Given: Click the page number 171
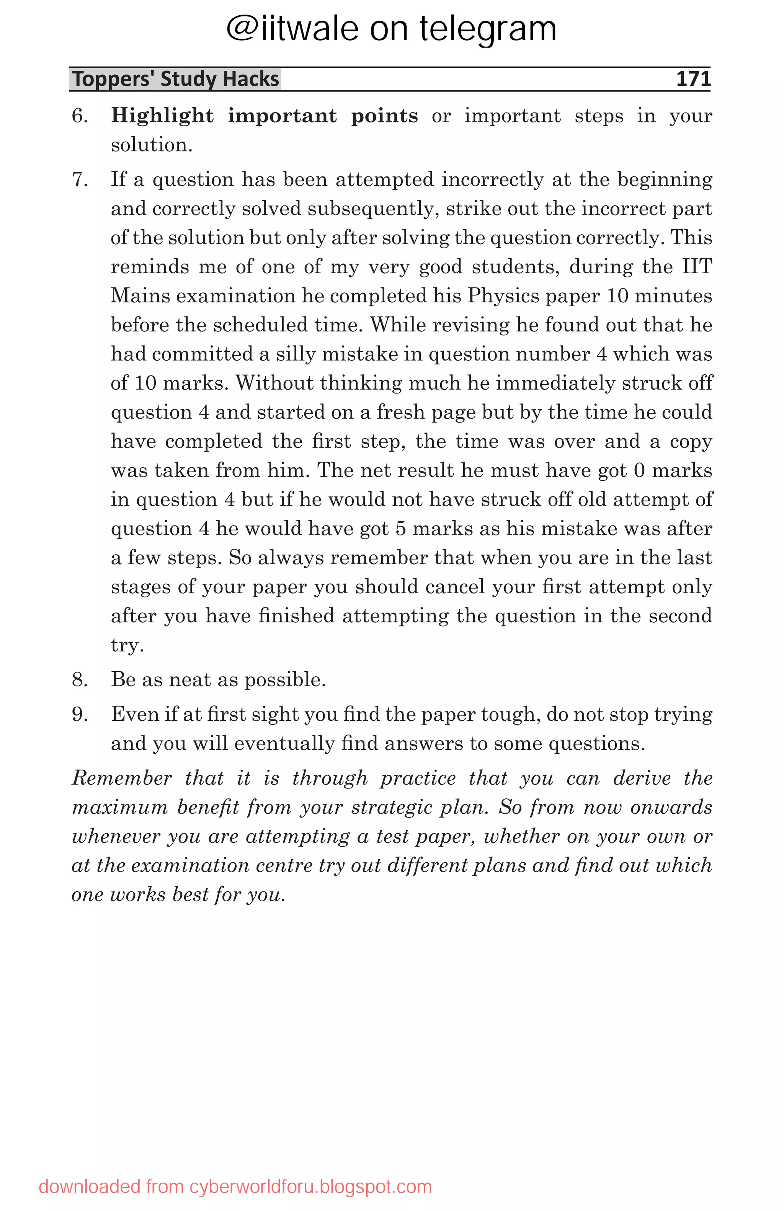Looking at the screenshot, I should [x=693, y=79].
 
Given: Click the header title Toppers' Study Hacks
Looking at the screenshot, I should [x=176, y=79].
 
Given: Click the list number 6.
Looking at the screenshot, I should [x=80, y=116].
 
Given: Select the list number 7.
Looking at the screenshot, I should [x=80, y=180].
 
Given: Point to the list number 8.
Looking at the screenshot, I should [x=80, y=680].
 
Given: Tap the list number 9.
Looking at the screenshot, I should [x=80, y=714].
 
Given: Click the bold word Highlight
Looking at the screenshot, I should [x=162, y=116].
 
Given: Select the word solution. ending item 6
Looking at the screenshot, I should [x=152, y=145].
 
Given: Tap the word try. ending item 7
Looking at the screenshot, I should [x=127, y=645].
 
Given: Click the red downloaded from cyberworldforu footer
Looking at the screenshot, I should [x=235, y=1187].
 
